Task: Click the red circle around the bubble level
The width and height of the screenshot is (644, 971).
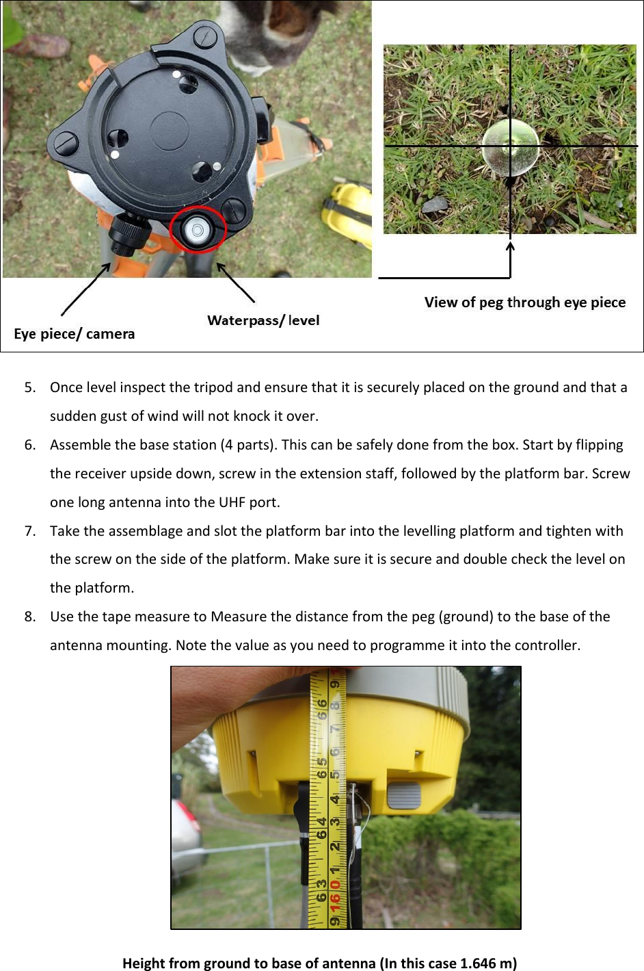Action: tap(198, 229)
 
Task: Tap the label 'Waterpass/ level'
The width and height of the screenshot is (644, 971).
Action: tap(263, 320)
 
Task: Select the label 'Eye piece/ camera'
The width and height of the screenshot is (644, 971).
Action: tap(75, 334)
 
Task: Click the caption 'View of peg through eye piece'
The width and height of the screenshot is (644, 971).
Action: tap(524, 302)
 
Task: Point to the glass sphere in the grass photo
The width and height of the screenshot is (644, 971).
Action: tap(510, 147)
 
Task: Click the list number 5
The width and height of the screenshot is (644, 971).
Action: tap(29, 387)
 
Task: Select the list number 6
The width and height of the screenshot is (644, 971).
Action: tap(29, 445)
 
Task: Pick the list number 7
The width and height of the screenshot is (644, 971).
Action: tap(29, 531)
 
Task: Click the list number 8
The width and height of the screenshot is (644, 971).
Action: tap(29, 617)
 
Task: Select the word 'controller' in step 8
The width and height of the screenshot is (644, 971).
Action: tap(546, 645)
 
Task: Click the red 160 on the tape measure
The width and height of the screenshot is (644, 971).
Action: tap(335, 903)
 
